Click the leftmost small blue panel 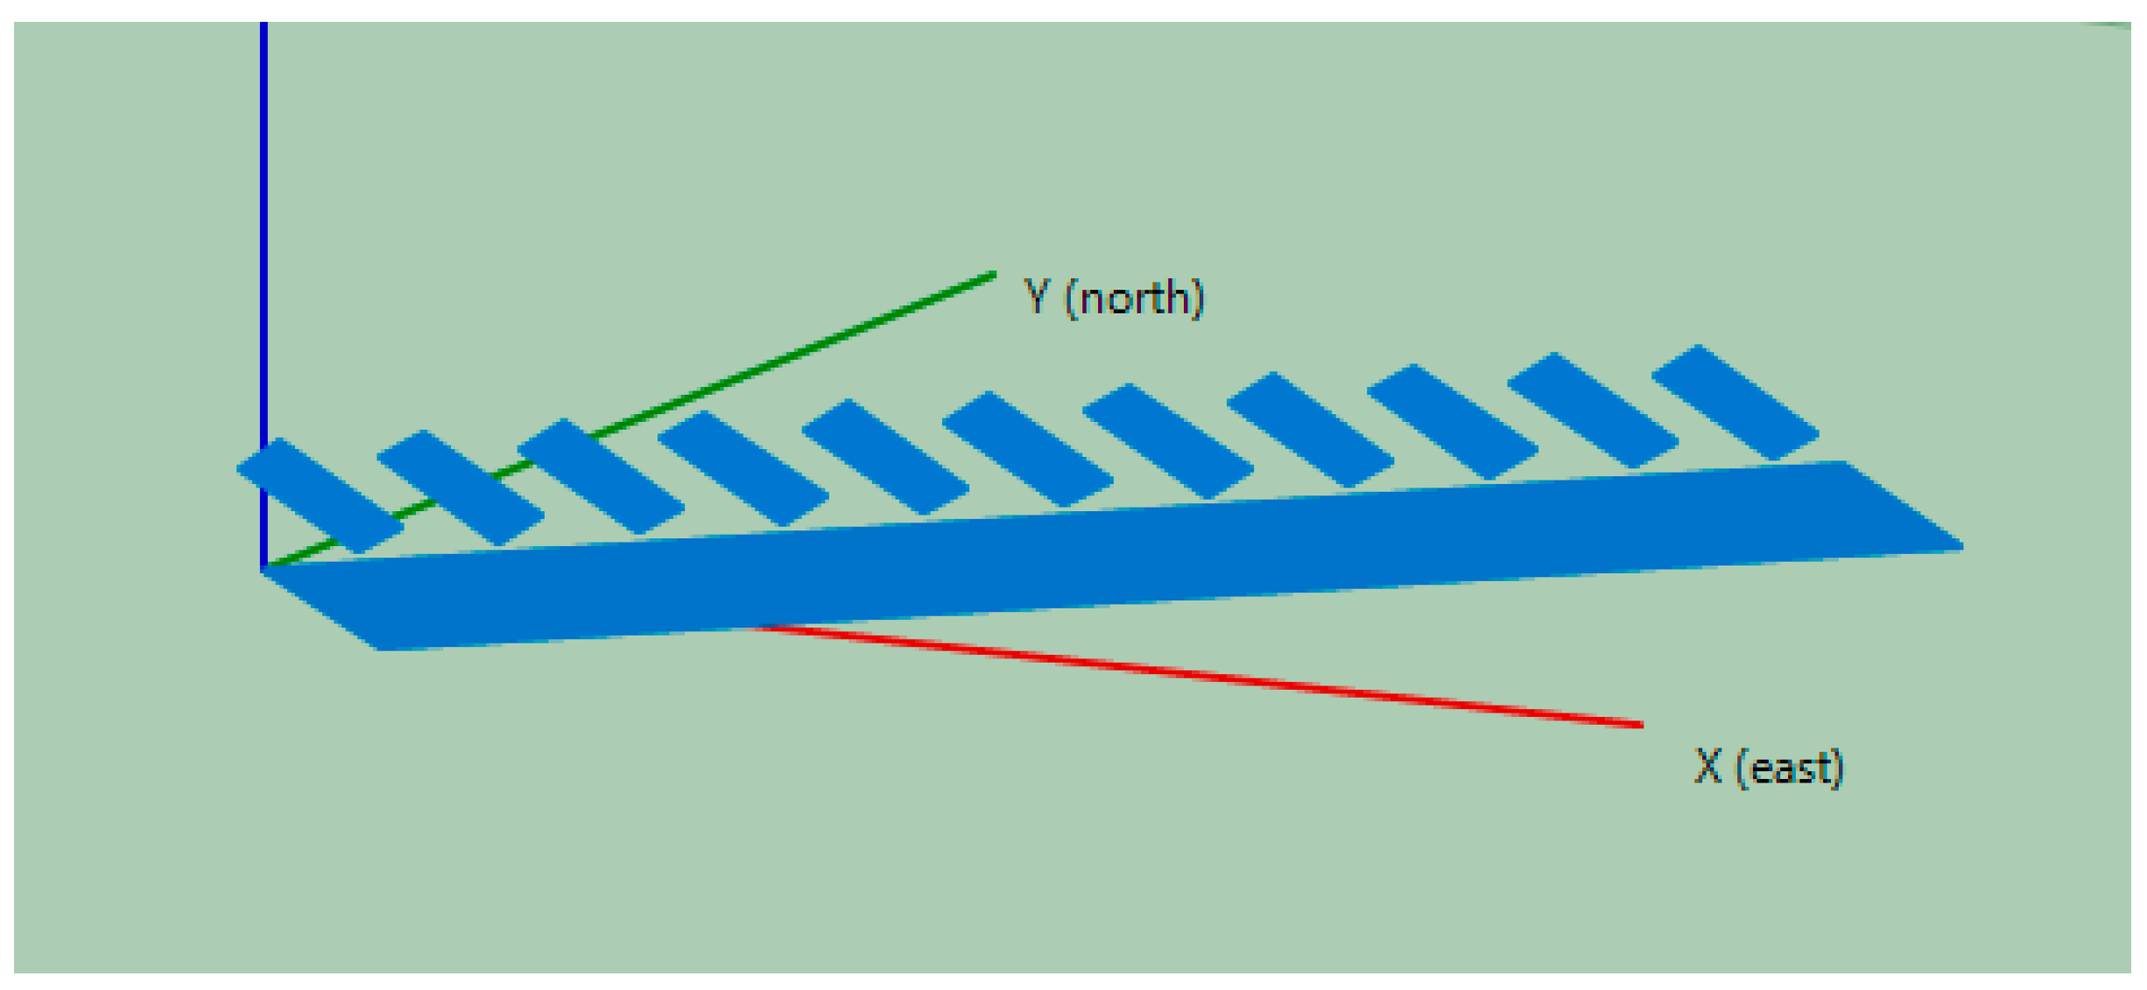pos(320,495)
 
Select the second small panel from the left pos(461,488)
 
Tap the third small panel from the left pos(601,476)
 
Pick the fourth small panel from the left pos(743,468)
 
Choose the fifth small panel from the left pos(885,457)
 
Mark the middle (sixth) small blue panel pos(1027,449)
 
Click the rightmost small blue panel pos(1735,402)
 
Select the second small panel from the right pos(1593,410)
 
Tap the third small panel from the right pos(1452,421)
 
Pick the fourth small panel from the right pos(1310,429)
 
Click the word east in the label pos(1789,769)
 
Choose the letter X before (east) pos(1707,766)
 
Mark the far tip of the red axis pos(1640,724)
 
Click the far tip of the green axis pos(993,276)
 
